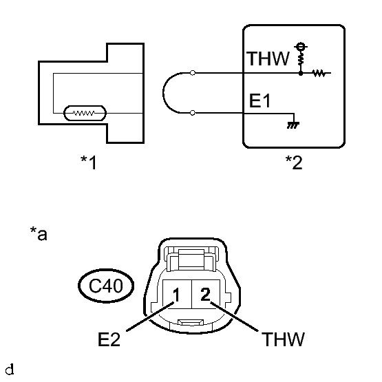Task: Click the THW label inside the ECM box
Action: tap(268, 59)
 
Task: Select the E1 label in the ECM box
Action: tap(259, 100)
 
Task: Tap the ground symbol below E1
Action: tap(293, 125)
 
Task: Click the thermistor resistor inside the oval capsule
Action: tap(84, 113)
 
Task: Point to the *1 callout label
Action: tap(89, 162)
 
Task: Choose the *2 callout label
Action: tap(294, 162)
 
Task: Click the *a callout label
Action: tap(39, 233)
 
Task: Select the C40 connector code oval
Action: tap(106, 286)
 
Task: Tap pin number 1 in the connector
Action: tap(176, 295)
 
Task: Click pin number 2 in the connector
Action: tap(205, 295)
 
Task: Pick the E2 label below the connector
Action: tap(109, 339)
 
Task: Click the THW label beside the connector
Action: tap(283, 339)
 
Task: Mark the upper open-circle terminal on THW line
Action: tap(193, 72)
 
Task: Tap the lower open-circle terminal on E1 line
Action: tap(193, 113)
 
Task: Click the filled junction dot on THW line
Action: tap(301, 73)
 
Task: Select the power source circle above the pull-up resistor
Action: tap(301, 46)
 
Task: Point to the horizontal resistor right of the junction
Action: tap(319, 73)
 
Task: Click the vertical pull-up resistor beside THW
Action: tap(301, 59)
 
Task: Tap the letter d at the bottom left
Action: tap(10, 370)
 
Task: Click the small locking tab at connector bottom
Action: tap(191, 323)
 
